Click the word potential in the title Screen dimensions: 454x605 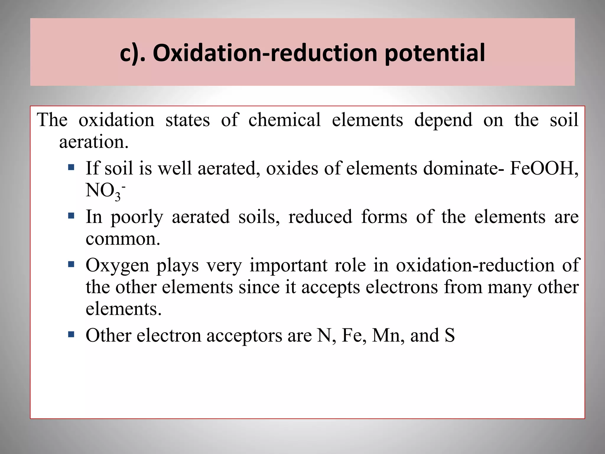[435, 53]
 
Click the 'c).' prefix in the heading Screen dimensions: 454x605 [133, 53]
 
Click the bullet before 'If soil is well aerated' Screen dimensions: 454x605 [71, 168]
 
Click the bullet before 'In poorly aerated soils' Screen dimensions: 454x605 [71, 216]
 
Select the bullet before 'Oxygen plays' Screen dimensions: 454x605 [71, 264]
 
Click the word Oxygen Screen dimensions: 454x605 [117, 265]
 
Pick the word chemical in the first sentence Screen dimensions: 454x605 [284, 120]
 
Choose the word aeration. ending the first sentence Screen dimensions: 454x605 [94, 142]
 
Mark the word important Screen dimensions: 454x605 [288, 265]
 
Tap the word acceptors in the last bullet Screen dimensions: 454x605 [244, 336]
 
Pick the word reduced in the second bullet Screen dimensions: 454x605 [320, 217]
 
